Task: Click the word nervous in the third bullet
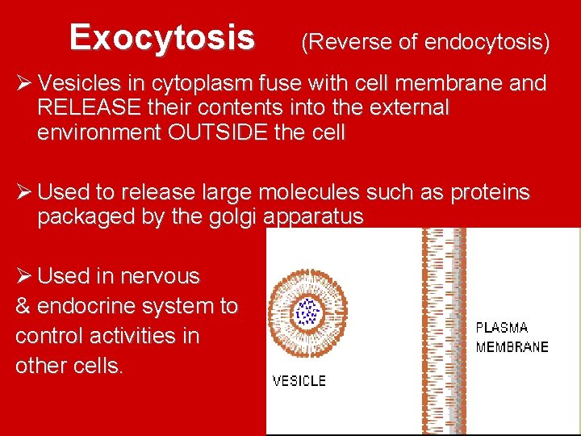pyautogui.click(x=160, y=276)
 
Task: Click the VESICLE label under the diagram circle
pyautogui.click(x=299, y=380)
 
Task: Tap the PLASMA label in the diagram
pyautogui.click(x=501, y=328)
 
